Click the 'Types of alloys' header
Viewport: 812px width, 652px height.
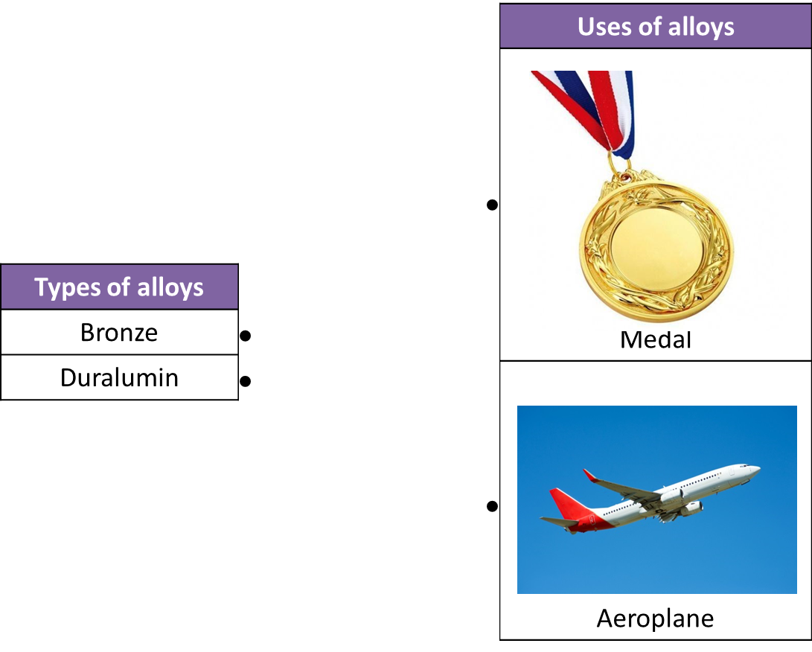tap(119, 287)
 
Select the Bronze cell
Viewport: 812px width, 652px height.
tap(119, 332)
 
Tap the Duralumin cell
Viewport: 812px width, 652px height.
tap(119, 377)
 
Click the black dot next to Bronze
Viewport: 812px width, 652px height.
tap(246, 336)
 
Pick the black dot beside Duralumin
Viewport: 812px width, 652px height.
tap(246, 381)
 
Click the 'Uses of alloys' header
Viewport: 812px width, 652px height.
tap(656, 26)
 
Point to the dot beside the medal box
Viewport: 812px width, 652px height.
tap(493, 205)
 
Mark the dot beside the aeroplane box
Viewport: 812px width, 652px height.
tap(493, 506)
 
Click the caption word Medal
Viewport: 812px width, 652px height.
tap(656, 339)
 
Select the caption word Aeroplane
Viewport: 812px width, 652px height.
tap(655, 619)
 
